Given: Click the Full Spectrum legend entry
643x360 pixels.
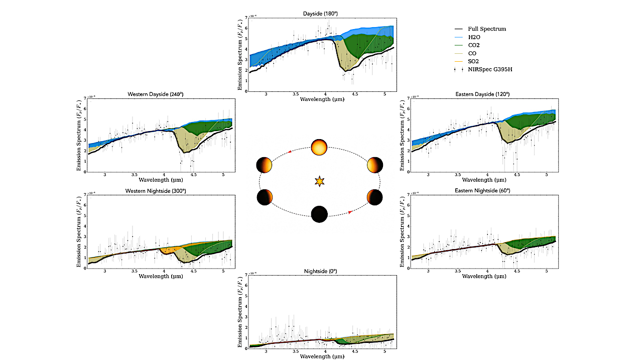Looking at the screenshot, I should [486, 29].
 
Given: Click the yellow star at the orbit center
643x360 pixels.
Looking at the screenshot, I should [319, 181].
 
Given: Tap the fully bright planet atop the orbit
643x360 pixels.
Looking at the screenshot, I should [319, 148].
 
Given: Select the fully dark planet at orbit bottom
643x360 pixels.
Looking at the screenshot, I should [319, 214].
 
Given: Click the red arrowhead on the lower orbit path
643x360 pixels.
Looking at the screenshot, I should [350, 212].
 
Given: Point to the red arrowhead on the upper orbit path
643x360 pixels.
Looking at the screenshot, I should [290, 150].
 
